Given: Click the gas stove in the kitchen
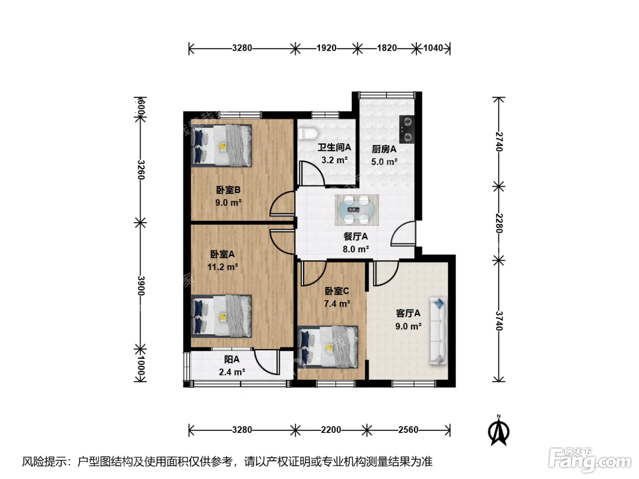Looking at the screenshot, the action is tap(407, 129).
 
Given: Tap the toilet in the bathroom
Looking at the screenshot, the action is tap(308, 134).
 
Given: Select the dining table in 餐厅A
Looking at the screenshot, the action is tap(356, 210).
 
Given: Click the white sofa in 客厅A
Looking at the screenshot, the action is tap(438, 331).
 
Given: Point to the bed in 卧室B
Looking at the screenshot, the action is tap(221, 146).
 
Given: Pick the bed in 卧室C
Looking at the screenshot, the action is tap(328, 347).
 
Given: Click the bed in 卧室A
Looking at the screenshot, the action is tap(221, 316).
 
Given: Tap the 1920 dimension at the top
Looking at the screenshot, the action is tap(326, 48).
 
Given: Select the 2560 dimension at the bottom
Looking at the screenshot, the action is tap(408, 430).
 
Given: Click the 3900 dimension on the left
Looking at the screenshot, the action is tap(141, 286).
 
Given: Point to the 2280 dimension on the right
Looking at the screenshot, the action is tap(499, 223).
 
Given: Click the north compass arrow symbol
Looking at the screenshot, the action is tap(499, 431).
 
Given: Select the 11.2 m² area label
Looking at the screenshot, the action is tap(222, 267).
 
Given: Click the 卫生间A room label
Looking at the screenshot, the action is tap(334, 147).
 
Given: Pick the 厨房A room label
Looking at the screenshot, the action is tap(384, 149).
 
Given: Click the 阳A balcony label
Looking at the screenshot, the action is tap(232, 359).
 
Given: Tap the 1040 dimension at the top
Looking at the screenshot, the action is tap(433, 48).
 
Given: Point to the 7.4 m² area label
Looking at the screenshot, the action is tap(337, 304).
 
